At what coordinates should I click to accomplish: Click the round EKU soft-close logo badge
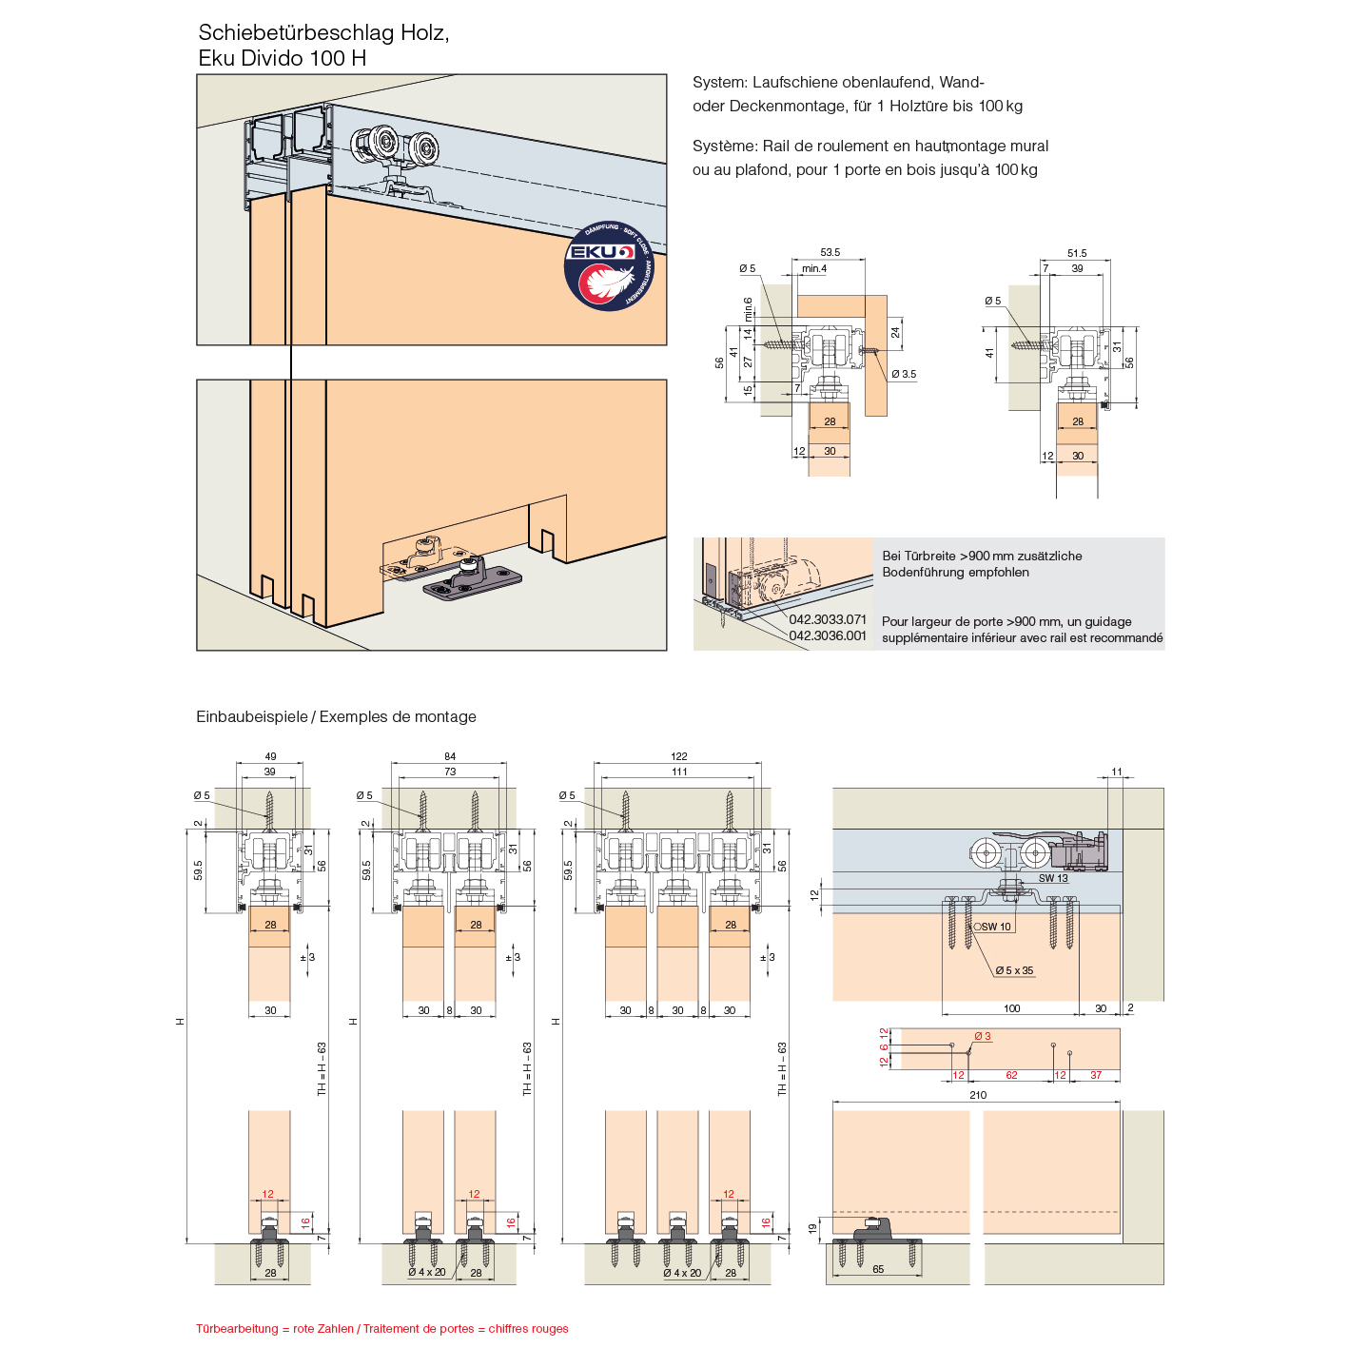(609, 266)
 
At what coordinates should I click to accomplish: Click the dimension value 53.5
(830, 253)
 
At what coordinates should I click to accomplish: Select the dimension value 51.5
(1076, 254)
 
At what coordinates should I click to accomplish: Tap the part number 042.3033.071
(828, 619)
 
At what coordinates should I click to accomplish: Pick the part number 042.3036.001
(828, 635)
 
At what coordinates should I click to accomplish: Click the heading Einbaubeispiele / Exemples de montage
(336, 716)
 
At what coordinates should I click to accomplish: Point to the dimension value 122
(678, 757)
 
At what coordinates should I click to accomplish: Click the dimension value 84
(450, 757)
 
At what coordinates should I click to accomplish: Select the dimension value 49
(270, 757)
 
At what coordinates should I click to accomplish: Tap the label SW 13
(1053, 878)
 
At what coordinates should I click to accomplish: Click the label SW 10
(995, 927)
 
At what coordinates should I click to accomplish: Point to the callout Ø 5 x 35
(1014, 970)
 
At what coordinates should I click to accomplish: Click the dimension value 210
(977, 1095)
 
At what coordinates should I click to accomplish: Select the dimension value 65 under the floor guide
(878, 1269)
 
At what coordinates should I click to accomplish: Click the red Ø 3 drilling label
(982, 1036)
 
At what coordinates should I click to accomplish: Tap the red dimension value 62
(1011, 1075)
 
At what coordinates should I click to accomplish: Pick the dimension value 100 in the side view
(1011, 1008)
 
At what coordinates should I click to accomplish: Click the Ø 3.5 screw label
(904, 374)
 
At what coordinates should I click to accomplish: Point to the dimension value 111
(678, 772)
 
